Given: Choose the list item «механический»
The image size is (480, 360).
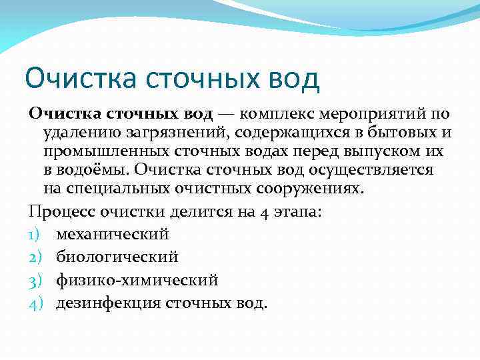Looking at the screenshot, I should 112,235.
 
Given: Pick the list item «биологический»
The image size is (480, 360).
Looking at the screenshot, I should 117,257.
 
